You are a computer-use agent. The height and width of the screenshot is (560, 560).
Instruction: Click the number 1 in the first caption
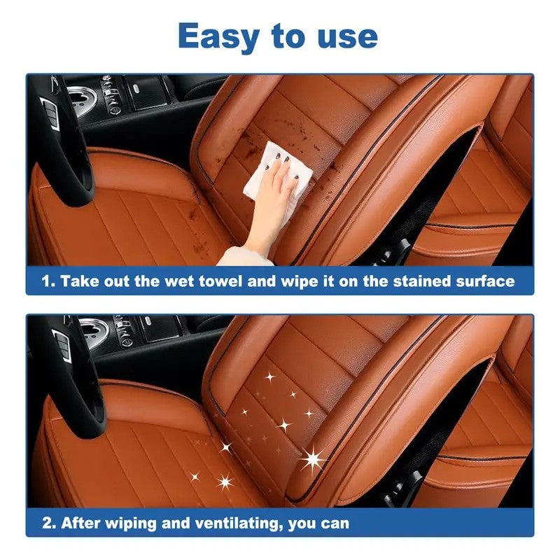[x=46, y=281]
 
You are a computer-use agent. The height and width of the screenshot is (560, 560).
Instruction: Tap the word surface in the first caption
[x=483, y=281]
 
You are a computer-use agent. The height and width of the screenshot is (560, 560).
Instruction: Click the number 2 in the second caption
[x=46, y=523]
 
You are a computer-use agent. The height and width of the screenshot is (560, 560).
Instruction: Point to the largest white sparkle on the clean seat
[x=312, y=459]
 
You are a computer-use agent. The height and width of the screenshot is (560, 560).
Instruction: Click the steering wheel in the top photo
[x=63, y=140]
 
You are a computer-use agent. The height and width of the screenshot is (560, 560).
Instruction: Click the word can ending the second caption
[x=335, y=523]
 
